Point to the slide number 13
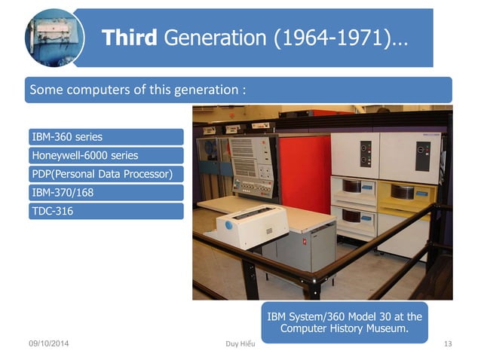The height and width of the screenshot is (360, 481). coord(447,344)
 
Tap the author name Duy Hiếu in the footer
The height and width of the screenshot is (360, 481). coord(240,344)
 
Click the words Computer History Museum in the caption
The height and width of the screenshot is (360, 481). coord(344,328)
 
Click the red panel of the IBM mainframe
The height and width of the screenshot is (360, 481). coord(305,174)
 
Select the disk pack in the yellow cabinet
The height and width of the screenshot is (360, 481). coord(403,192)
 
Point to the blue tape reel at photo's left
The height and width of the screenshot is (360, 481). coord(208,151)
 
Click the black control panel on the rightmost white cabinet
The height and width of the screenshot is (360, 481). coord(423,155)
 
